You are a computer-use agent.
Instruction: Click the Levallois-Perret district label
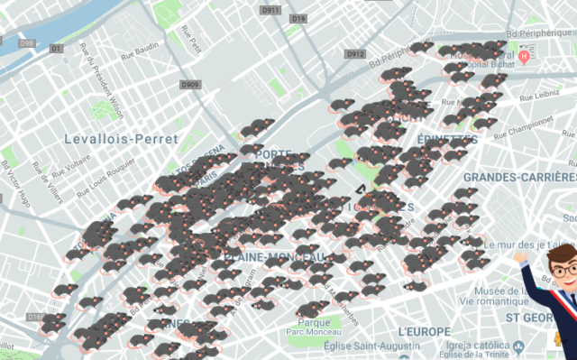click(x=122, y=139)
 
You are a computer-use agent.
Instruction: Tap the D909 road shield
click(x=189, y=85)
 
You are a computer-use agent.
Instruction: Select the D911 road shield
click(x=270, y=10)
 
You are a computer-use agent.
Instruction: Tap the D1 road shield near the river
click(x=56, y=48)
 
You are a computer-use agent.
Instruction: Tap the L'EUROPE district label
click(x=423, y=332)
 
